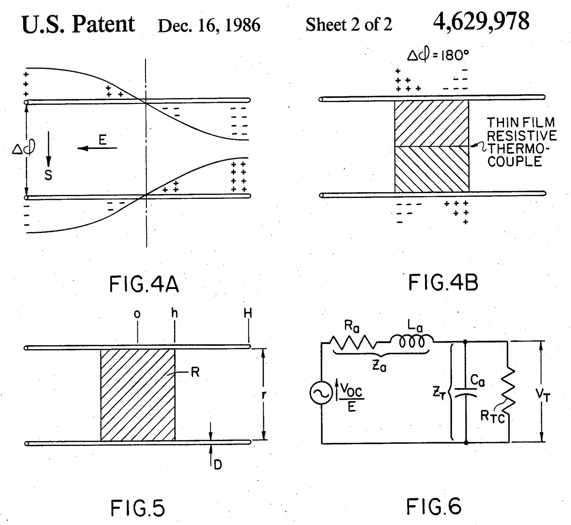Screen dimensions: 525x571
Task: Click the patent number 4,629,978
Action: coord(481,21)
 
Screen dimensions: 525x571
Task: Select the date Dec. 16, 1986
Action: coord(209,25)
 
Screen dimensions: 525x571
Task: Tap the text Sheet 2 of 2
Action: coord(349,25)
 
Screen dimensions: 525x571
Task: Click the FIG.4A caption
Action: coord(144,285)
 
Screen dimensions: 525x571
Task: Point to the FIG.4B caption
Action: coord(443,283)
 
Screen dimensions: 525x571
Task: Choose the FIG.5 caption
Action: coord(137,508)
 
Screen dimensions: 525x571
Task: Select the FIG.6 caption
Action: coord(434,506)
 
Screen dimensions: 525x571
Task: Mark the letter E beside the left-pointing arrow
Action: coord(102,141)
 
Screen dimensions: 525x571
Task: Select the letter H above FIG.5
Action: coord(248,314)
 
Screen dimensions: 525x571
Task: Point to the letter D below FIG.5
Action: coord(218,465)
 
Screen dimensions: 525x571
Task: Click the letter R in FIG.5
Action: coord(195,372)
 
